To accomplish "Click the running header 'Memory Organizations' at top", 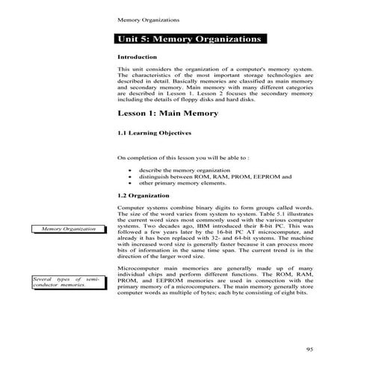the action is (148, 18).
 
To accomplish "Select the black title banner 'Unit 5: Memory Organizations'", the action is (191, 39).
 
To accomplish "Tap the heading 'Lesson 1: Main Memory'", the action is (168, 114).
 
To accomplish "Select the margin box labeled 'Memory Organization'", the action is (68, 228).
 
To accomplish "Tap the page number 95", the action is (310, 349).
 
